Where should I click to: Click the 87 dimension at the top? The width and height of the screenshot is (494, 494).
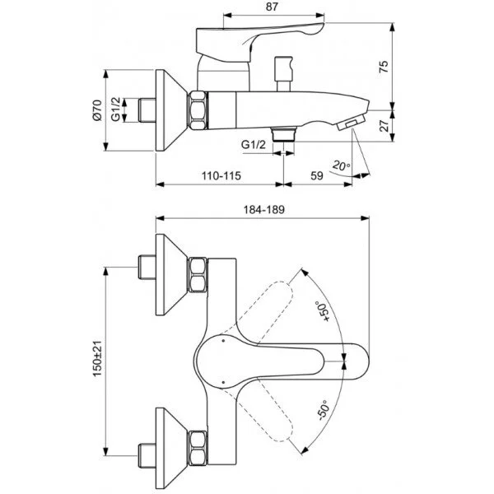(262, 7)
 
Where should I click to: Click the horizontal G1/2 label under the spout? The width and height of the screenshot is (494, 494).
(254, 145)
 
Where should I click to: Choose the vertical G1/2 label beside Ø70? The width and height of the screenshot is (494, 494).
(116, 108)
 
